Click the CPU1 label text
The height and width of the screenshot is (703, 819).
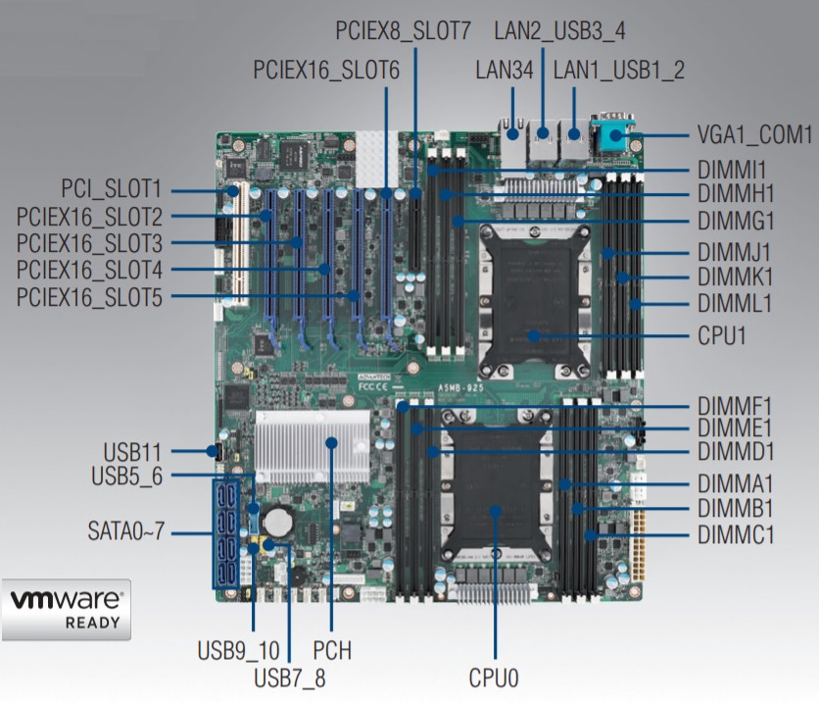(722, 336)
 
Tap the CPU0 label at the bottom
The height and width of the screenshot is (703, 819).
(493, 677)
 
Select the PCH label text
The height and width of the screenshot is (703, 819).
(332, 650)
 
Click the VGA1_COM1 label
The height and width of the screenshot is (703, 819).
(754, 133)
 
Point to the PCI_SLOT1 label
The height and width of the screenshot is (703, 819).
(112, 188)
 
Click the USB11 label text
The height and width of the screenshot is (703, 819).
(136, 452)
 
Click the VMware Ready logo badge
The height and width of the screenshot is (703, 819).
(67, 609)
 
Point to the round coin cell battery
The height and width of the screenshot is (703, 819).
(282, 517)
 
